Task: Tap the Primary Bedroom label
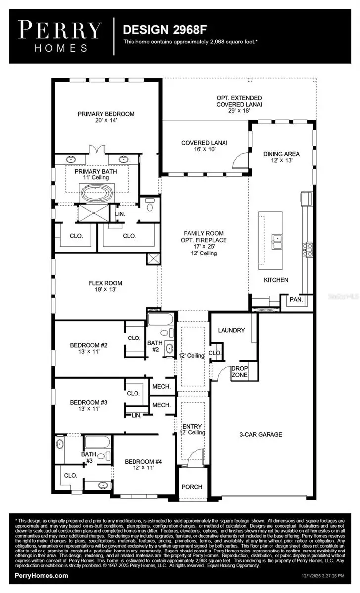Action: [106, 117]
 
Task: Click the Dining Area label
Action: [281, 157]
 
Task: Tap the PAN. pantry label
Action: [296, 300]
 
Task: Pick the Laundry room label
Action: [228, 330]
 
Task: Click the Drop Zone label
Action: [240, 371]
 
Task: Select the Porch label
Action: [192, 487]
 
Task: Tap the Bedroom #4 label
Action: [143, 465]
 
